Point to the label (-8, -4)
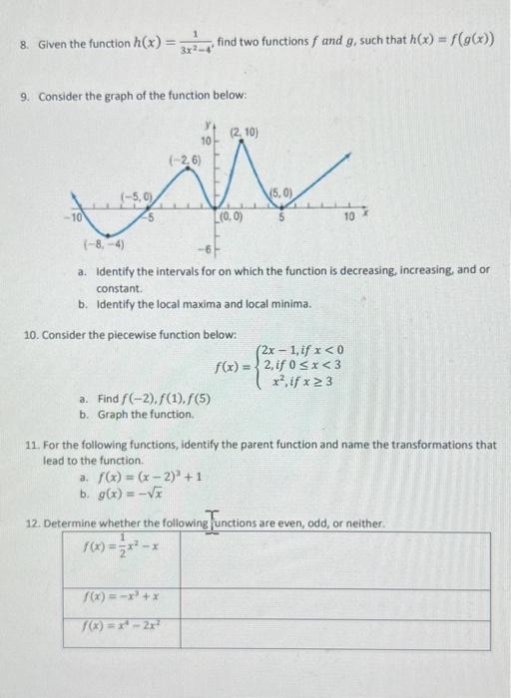103,241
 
